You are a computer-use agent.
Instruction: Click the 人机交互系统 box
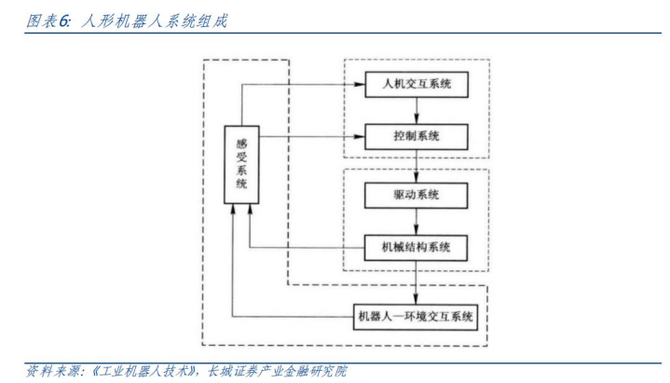(x=417, y=84)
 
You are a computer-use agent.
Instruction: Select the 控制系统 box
(x=417, y=137)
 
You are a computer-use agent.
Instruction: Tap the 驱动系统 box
(x=416, y=196)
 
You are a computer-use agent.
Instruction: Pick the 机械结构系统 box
(x=416, y=248)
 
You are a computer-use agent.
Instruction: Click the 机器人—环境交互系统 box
(x=416, y=317)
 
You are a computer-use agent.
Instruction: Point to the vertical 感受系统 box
(x=241, y=165)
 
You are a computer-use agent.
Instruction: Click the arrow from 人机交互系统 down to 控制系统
(x=417, y=111)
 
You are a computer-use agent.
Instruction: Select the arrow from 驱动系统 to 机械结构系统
(x=417, y=222)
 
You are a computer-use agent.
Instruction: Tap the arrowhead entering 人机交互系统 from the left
(x=360, y=85)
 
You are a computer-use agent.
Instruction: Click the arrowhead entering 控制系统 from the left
(x=360, y=137)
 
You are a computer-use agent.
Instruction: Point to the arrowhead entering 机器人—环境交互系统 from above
(x=416, y=299)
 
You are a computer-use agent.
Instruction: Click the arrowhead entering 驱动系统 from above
(x=417, y=177)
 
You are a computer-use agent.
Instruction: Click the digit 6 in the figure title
(x=63, y=21)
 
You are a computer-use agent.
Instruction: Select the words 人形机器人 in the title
(x=123, y=21)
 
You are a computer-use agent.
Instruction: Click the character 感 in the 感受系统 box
(x=242, y=144)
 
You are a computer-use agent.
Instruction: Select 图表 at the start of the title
(x=41, y=21)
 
